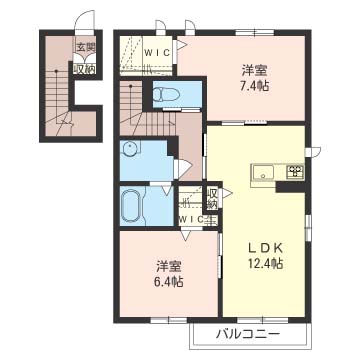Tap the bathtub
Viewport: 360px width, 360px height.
pyautogui.click(x=132, y=206)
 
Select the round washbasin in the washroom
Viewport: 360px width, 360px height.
pyautogui.click(x=129, y=149)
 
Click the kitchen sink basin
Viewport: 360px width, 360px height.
pyautogui.click(x=263, y=172)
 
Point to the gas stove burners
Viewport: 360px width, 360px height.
pyautogui.click(x=296, y=171)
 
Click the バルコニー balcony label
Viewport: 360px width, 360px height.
pyautogui.click(x=248, y=334)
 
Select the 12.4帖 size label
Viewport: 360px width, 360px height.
pyautogui.click(x=265, y=264)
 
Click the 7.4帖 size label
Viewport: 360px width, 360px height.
pyautogui.click(x=256, y=86)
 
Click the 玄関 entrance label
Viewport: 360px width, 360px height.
pyautogui.click(x=86, y=48)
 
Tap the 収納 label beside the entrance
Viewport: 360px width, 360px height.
pyautogui.click(x=85, y=69)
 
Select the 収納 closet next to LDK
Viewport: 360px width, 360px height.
pyautogui.click(x=212, y=198)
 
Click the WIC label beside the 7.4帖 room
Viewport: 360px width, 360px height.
pyautogui.click(x=158, y=53)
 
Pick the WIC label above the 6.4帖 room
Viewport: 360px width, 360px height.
pyautogui.click(x=191, y=219)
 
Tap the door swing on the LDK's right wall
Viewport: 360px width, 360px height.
pyautogui.click(x=316, y=151)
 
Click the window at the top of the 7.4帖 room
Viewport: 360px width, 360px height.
pyautogui.click(x=255, y=33)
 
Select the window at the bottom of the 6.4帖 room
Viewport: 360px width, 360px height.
pyautogui.click(x=168, y=320)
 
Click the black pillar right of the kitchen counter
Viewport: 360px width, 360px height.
pyautogui.click(x=291, y=187)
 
